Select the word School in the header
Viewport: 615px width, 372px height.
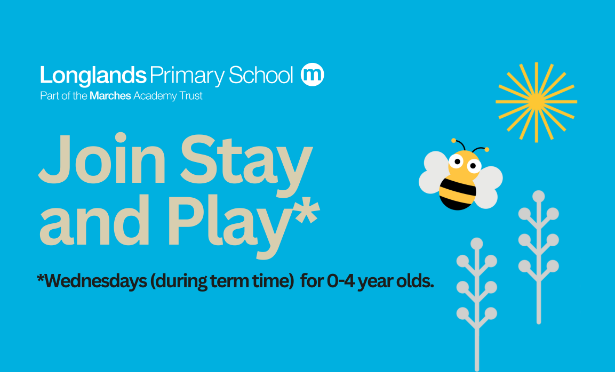point(261,75)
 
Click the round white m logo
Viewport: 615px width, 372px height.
point(312,74)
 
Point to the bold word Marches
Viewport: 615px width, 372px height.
point(110,95)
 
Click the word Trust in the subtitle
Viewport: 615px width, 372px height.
point(191,95)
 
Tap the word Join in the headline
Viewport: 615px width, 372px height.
point(102,158)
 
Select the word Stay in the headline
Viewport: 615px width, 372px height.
point(246,165)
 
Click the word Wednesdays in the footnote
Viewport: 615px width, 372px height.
point(92,281)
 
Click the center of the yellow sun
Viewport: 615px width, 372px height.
point(536,102)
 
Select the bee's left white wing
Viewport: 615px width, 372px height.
point(434,173)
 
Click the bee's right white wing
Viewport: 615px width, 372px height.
point(488,187)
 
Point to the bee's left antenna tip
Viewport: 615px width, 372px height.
point(453,140)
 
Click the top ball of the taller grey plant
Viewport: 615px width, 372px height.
point(539,196)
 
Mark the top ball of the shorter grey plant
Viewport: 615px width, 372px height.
point(476,244)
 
